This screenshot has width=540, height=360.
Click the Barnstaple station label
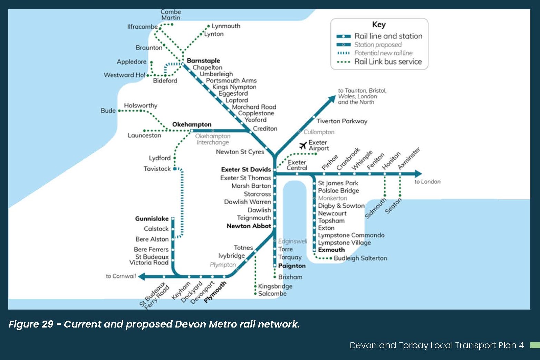tap(203, 60)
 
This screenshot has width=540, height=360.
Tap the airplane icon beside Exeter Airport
tap(303, 145)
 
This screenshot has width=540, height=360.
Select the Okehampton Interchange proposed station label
tap(213, 139)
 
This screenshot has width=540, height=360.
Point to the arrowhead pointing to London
tap(418, 173)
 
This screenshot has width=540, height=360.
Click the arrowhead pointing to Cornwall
tap(142, 276)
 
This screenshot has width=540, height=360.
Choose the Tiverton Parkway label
tap(341, 121)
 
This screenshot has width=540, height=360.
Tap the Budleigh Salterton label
tap(360, 258)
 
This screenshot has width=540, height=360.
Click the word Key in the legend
tap(379, 25)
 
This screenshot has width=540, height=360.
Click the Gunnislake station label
tap(152, 219)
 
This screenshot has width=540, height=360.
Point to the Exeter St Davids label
tap(246, 169)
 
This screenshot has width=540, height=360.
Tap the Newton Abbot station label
tap(249, 226)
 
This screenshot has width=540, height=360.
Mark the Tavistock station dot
tap(175, 169)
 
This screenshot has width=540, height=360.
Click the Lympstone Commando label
tap(351, 235)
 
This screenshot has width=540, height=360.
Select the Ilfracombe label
tap(143, 27)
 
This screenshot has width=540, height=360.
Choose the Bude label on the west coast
tap(108, 111)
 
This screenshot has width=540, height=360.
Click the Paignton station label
tap(292, 266)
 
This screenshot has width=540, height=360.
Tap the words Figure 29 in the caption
tap(31, 324)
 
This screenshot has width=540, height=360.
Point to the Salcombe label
tap(272, 293)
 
